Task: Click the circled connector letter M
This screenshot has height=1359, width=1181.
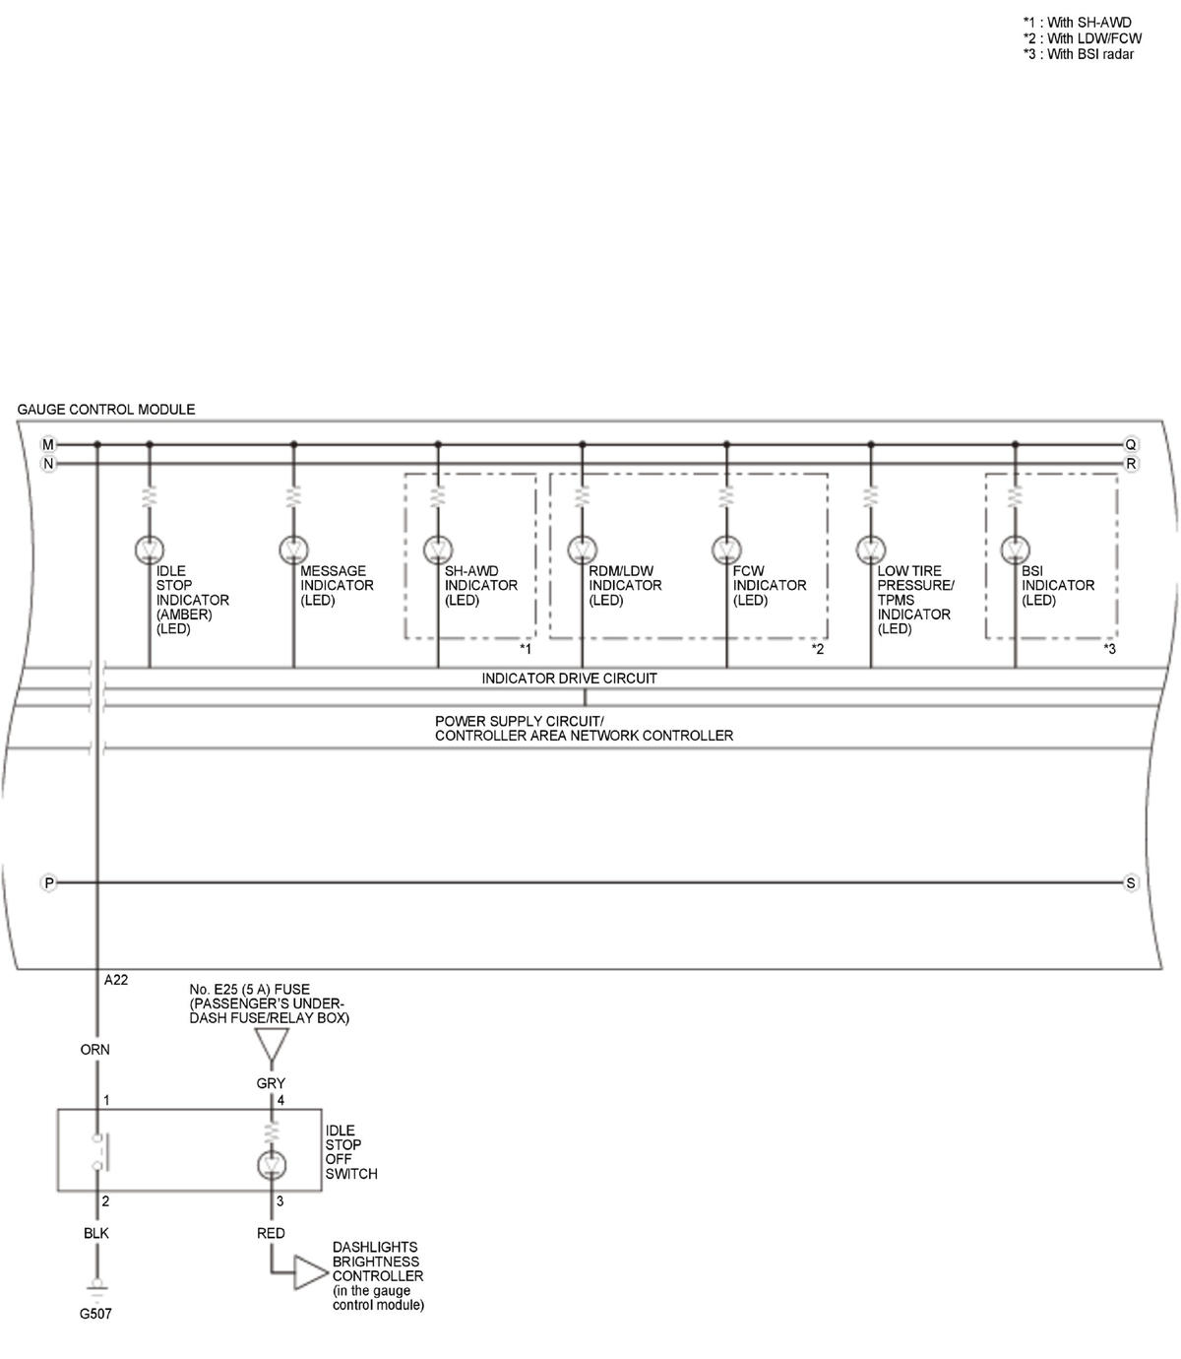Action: tap(48, 444)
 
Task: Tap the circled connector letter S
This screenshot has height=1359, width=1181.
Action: tap(1131, 882)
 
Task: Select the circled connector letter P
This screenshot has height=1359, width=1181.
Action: tap(48, 882)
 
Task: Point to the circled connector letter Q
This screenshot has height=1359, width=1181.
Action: tap(1131, 444)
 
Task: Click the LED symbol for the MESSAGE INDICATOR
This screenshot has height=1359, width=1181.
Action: tap(293, 550)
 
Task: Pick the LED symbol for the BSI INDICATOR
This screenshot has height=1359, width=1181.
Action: tap(1015, 550)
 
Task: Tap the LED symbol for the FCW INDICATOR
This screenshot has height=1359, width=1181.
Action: tap(726, 550)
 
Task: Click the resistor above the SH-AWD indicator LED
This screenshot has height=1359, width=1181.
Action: tap(438, 497)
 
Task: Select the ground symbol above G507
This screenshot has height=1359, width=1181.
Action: tap(97, 1288)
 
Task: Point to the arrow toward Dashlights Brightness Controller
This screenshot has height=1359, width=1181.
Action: tap(311, 1272)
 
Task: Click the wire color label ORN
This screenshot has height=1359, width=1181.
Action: tap(94, 1050)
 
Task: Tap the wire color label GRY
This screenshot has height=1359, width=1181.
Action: tap(271, 1083)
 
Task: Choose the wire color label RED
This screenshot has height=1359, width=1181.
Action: tap(271, 1233)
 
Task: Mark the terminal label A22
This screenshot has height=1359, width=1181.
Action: tap(116, 980)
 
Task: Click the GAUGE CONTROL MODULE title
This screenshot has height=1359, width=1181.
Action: tap(106, 409)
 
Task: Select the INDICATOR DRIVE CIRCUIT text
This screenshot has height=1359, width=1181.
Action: tap(569, 679)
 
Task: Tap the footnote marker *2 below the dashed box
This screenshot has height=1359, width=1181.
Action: tap(818, 649)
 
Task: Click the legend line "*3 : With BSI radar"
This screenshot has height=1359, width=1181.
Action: tap(1079, 54)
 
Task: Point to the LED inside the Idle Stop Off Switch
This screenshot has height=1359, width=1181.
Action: tap(272, 1164)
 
